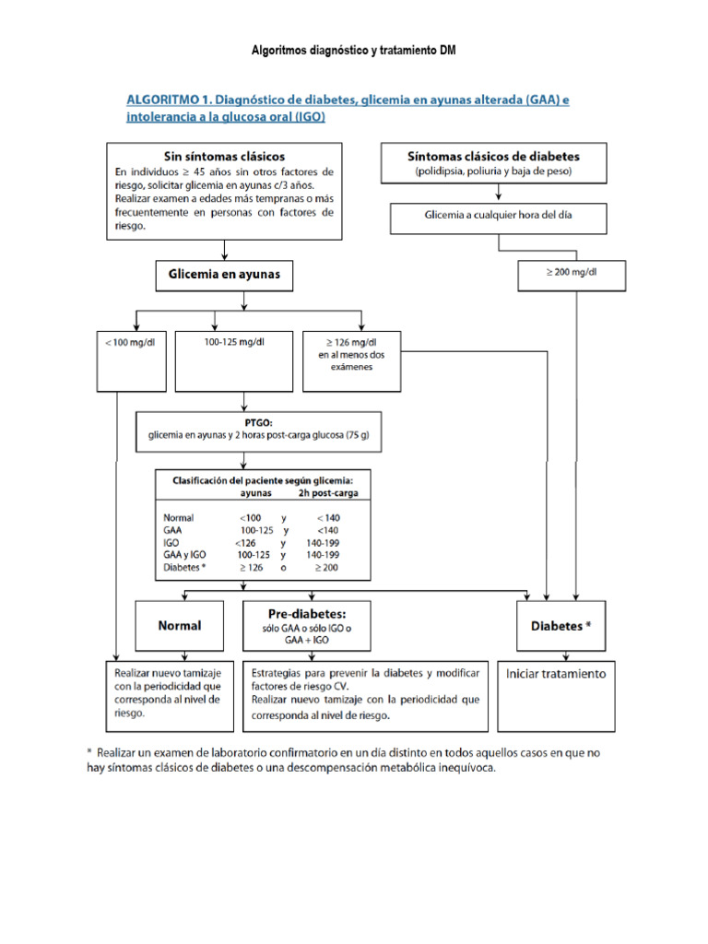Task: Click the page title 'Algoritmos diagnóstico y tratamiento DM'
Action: (x=354, y=50)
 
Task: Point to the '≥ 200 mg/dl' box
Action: (x=572, y=274)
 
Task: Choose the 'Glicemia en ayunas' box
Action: (x=225, y=274)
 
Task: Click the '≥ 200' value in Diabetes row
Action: (x=329, y=568)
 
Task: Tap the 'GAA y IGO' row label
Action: (x=186, y=556)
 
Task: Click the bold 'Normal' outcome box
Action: (x=180, y=626)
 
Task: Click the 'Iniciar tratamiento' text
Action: (x=557, y=674)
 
